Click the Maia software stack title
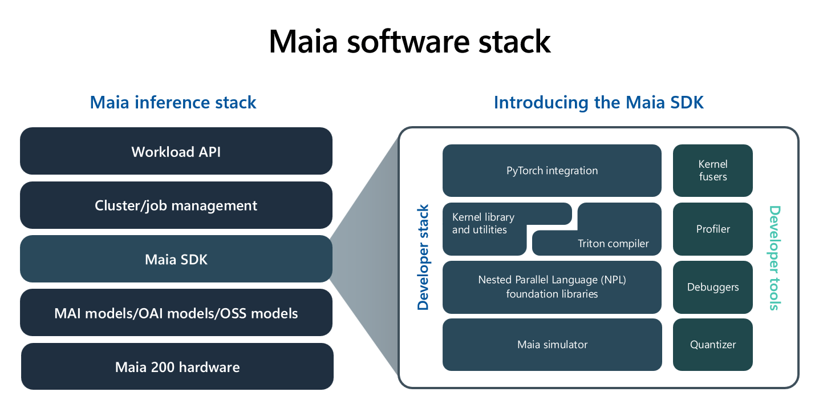point(410,41)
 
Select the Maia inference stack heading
point(173,103)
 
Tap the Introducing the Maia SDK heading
point(598,103)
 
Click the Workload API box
point(176,152)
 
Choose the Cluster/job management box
point(176,205)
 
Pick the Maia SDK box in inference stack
point(176,260)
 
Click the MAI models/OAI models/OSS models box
point(176,313)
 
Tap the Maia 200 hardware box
point(177,367)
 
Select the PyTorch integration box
point(552,171)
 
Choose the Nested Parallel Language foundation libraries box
point(552,287)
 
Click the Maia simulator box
point(552,345)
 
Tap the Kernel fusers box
point(712,171)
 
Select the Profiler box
point(712,229)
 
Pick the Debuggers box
point(712,287)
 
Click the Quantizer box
point(712,345)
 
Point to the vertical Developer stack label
point(423,257)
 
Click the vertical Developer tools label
point(774,257)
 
